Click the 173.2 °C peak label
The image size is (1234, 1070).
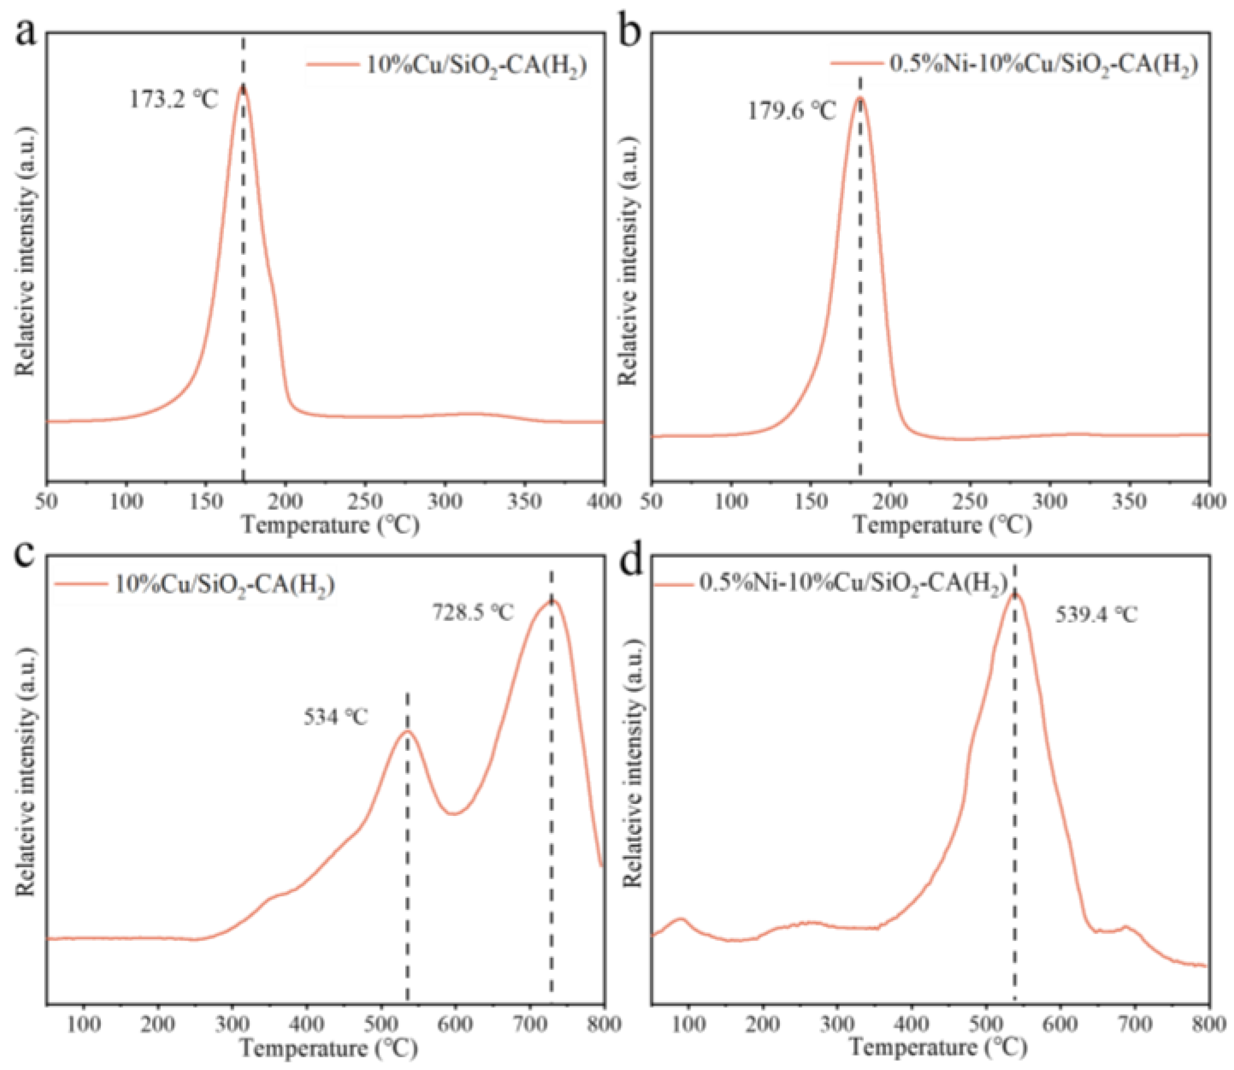coord(174,100)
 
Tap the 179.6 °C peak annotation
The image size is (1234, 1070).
coord(792,111)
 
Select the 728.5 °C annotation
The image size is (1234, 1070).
coord(472,612)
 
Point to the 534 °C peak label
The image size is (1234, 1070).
coord(336,717)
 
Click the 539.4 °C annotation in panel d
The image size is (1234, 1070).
coord(1096,614)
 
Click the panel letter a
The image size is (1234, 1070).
coord(26,33)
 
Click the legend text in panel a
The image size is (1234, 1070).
coord(476,66)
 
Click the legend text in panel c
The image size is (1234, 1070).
coord(224,583)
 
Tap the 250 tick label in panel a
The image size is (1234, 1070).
coord(365,501)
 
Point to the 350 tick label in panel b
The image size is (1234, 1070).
coord(1130,501)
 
